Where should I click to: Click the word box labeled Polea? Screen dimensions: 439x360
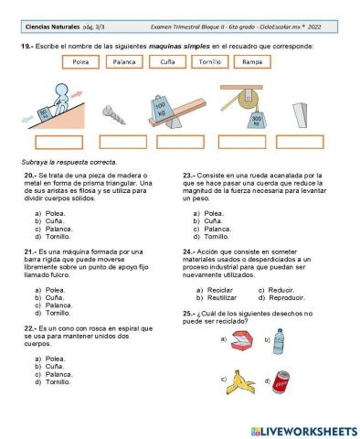[79, 62]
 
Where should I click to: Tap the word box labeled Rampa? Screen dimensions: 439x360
[251, 62]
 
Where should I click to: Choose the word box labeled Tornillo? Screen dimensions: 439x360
[208, 62]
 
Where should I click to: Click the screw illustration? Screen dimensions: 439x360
[115, 114]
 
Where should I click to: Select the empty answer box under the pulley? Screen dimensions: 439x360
[244, 142]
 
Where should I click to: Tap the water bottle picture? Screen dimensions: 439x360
[279, 341]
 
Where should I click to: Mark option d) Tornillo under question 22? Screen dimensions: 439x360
[57, 381]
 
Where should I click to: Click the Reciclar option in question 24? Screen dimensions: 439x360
[220, 290]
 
